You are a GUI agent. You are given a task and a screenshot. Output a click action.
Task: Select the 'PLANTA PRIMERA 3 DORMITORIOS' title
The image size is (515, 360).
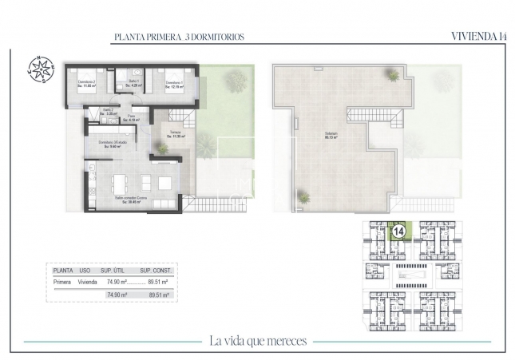[179, 37]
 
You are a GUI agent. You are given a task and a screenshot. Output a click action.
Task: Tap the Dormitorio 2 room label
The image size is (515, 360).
[86, 84]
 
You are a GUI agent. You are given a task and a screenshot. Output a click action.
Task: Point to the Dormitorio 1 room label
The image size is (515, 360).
[175, 84]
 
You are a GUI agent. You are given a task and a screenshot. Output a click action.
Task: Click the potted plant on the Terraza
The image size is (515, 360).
[163, 148]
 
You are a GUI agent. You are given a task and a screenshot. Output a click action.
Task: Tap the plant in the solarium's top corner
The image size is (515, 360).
[393, 75]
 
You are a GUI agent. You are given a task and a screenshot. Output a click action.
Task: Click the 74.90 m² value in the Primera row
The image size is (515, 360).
[117, 282]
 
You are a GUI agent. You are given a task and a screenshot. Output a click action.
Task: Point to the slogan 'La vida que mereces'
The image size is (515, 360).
[258, 341]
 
